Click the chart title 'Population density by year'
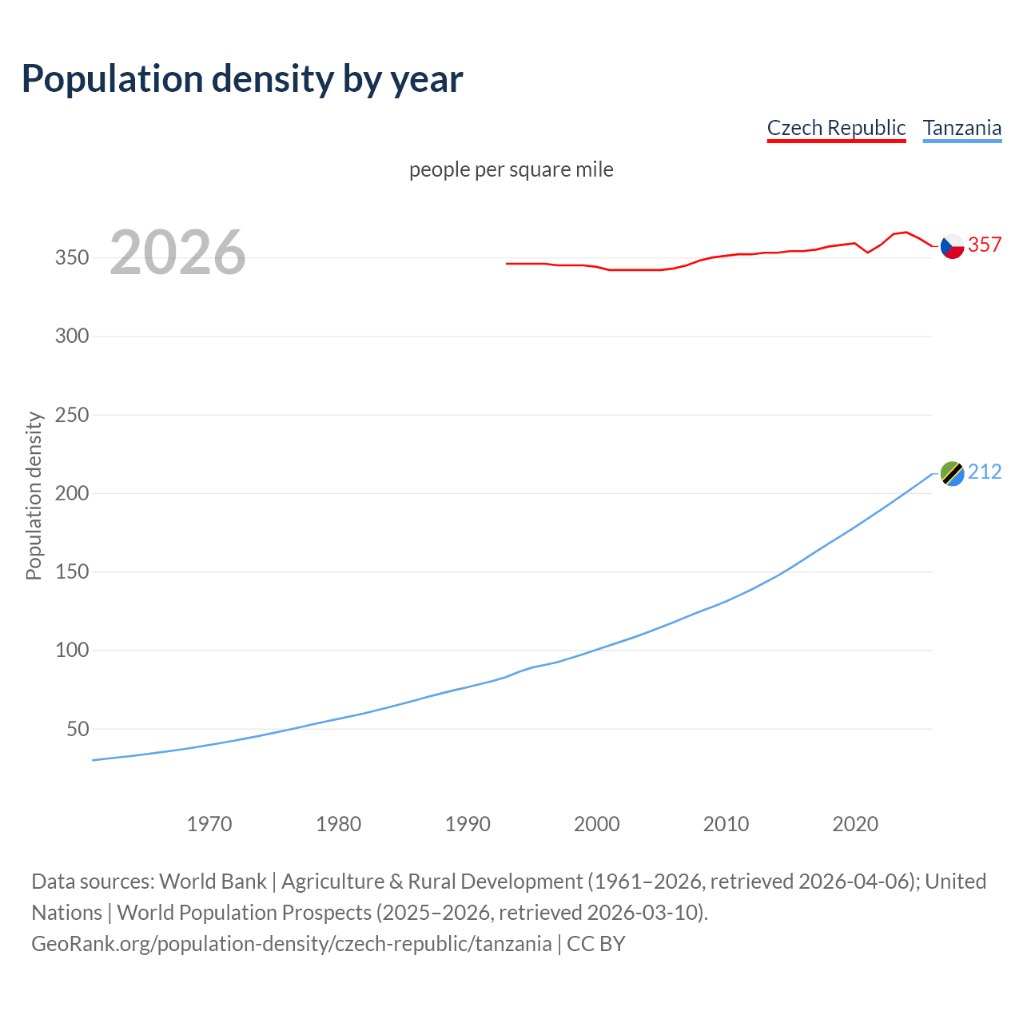(x=242, y=78)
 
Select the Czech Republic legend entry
(x=836, y=128)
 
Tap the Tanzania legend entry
(x=961, y=128)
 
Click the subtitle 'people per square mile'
(x=511, y=169)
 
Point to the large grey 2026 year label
(x=177, y=253)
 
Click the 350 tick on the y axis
(x=72, y=258)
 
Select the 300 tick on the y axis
(x=72, y=336)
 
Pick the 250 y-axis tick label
(x=72, y=415)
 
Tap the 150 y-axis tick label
(x=72, y=572)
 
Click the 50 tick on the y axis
(x=78, y=729)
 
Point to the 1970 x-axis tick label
(x=209, y=824)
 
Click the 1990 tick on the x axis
(x=468, y=824)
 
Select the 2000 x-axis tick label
(x=597, y=824)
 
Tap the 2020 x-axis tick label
(x=855, y=824)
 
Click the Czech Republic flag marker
(x=952, y=246)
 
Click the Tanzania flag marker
(x=952, y=474)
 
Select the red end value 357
(x=985, y=245)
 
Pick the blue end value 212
(x=985, y=472)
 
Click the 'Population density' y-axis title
(x=34, y=496)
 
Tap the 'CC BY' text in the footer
(x=596, y=944)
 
